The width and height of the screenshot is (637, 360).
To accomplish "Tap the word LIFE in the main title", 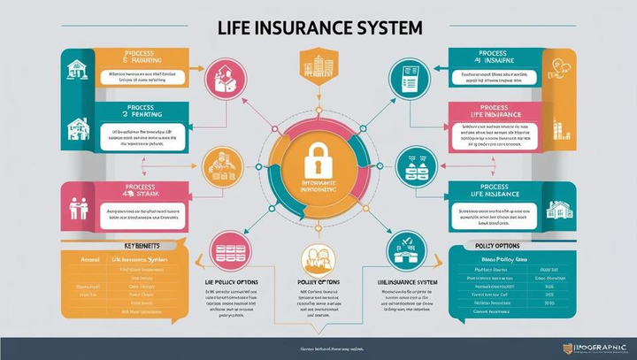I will [234, 27].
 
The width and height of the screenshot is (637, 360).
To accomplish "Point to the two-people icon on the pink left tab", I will [78, 206].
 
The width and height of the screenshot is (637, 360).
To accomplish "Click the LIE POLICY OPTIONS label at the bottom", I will [226, 281].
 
